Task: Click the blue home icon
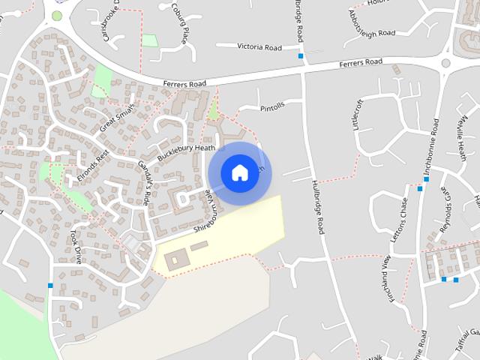(239, 173)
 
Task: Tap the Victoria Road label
(259, 47)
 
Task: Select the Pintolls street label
(272, 108)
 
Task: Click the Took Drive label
(75, 246)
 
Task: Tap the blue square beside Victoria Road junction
(301, 56)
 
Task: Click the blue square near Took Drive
(50, 285)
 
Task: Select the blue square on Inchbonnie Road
(426, 189)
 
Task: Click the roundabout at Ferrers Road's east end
(446, 64)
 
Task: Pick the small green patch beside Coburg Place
(150, 40)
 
